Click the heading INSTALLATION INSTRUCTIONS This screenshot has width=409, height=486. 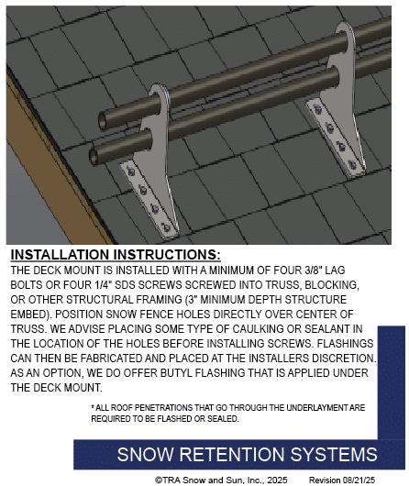click(x=116, y=255)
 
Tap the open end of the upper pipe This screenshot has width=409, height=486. click(x=103, y=121)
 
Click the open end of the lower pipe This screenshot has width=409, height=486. click(x=94, y=156)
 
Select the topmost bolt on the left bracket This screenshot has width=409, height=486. click(x=131, y=171)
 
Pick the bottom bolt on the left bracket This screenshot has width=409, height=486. click(x=166, y=227)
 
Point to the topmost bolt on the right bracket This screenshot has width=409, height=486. click(x=317, y=109)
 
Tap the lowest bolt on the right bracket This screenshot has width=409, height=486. click(x=352, y=165)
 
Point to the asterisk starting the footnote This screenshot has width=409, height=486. click(x=93, y=406)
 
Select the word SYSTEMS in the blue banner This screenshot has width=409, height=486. click(x=334, y=455)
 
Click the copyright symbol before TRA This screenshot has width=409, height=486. click(x=159, y=480)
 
